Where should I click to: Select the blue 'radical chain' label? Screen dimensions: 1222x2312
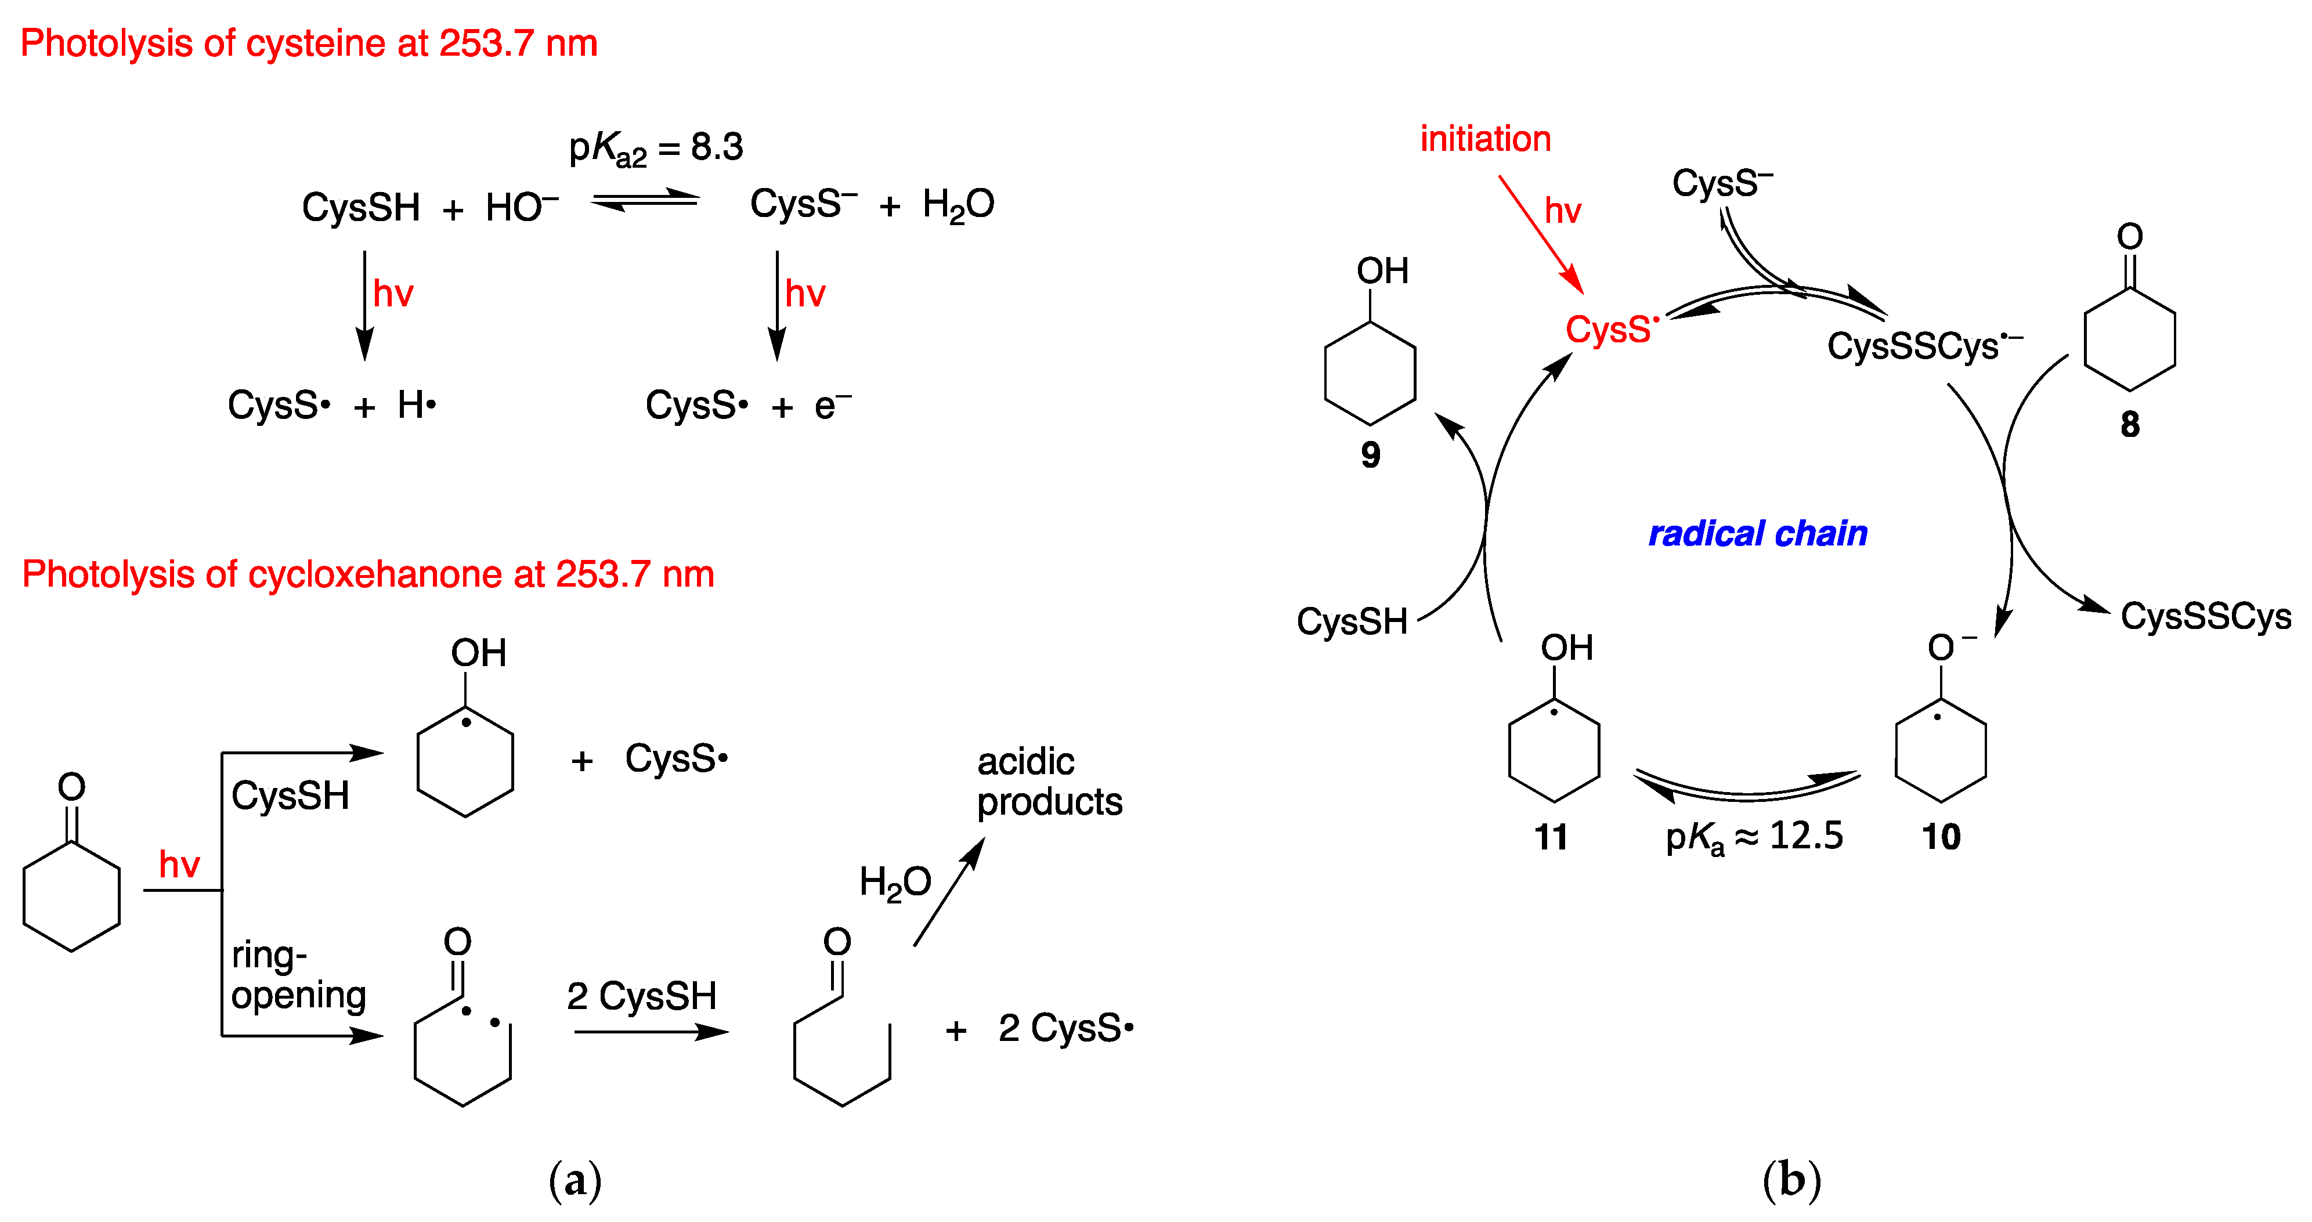point(1757,534)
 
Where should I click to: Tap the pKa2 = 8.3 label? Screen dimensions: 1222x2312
point(656,148)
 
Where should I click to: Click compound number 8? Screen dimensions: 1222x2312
point(2129,424)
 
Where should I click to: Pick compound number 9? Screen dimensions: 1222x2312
point(1370,455)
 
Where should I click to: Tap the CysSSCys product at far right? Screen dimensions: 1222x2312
point(2205,616)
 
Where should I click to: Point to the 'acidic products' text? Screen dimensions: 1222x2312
point(1048,782)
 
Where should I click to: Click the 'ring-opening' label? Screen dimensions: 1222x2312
point(298,974)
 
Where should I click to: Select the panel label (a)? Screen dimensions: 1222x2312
point(575,1180)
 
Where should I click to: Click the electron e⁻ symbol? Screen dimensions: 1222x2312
point(831,406)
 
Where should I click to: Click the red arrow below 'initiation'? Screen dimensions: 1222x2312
point(1541,234)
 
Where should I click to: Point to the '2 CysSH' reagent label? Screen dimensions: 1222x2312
point(642,996)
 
